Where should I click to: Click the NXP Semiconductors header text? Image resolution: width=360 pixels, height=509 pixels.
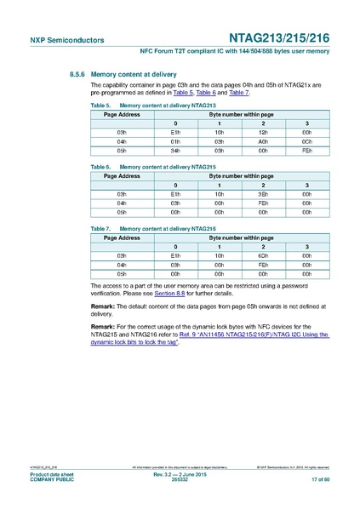[55, 40]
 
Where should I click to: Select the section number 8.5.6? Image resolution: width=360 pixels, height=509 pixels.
[80, 75]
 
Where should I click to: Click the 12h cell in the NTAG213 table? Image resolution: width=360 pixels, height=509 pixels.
[263, 133]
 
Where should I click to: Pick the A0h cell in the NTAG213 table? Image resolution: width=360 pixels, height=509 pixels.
[263, 141]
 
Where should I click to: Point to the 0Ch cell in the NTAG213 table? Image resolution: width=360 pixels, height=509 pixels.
[306, 141]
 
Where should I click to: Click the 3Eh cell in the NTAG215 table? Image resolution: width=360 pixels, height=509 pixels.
[263, 194]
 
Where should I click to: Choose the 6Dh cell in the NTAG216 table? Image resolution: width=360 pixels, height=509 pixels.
[263, 255]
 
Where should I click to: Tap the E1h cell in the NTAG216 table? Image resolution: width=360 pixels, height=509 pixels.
[175, 255]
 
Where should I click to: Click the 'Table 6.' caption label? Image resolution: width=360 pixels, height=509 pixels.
[101, 167]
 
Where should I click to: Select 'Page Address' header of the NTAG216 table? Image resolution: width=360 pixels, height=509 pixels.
[122, 238]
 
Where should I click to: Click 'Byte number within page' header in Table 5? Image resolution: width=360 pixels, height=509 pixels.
[241, 112]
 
